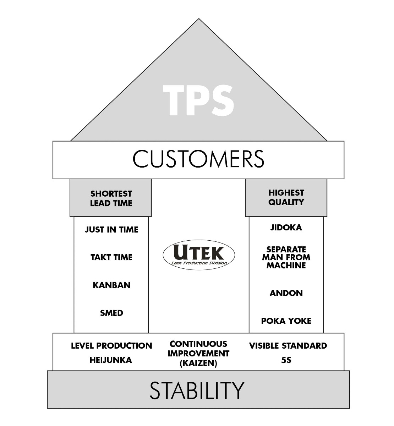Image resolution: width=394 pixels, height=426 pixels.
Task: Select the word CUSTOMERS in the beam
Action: click(198, 159)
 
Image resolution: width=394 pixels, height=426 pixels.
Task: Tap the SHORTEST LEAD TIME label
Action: click(111, 198)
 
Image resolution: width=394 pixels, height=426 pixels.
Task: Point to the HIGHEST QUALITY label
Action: click(286, 197)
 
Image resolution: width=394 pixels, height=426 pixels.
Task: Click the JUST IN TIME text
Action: click(111, 230)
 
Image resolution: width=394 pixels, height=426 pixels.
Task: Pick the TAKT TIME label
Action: click(111, 257)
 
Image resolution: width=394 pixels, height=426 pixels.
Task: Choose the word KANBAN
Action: click(111, 285)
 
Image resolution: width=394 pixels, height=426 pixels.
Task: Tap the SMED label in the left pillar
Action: click(111, 313)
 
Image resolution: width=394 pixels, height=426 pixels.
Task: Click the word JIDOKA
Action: click(286, 228)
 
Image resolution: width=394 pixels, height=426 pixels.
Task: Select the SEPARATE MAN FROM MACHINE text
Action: click(286, 257)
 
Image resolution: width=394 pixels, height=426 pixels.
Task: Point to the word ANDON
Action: click(286, 293)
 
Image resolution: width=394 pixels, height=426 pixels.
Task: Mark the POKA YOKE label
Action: click(286, 321)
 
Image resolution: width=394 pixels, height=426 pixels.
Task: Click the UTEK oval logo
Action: click(199, 255)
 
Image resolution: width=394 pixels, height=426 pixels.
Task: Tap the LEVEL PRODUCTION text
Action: click(111, 346)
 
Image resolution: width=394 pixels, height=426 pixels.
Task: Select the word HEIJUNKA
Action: click(111, 360)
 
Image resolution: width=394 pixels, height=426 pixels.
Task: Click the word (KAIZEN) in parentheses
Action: click(198, 364)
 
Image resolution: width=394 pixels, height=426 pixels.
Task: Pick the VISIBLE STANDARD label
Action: click(288, 346)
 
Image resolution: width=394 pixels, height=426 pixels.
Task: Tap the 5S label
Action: click(286, 360)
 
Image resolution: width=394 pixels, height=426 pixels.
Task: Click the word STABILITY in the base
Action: click(197, 390)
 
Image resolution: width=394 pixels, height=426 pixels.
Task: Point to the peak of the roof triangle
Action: click(199, 20)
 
